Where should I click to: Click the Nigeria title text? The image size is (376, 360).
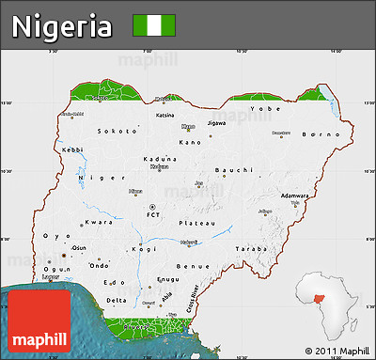62,26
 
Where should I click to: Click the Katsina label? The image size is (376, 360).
164,116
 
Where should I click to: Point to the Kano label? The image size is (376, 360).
190,142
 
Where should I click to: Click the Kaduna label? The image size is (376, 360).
159,159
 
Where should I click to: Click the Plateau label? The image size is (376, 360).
198,223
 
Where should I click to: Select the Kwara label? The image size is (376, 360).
99,222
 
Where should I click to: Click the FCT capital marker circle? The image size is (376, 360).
152,206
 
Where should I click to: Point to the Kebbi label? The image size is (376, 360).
72,149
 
